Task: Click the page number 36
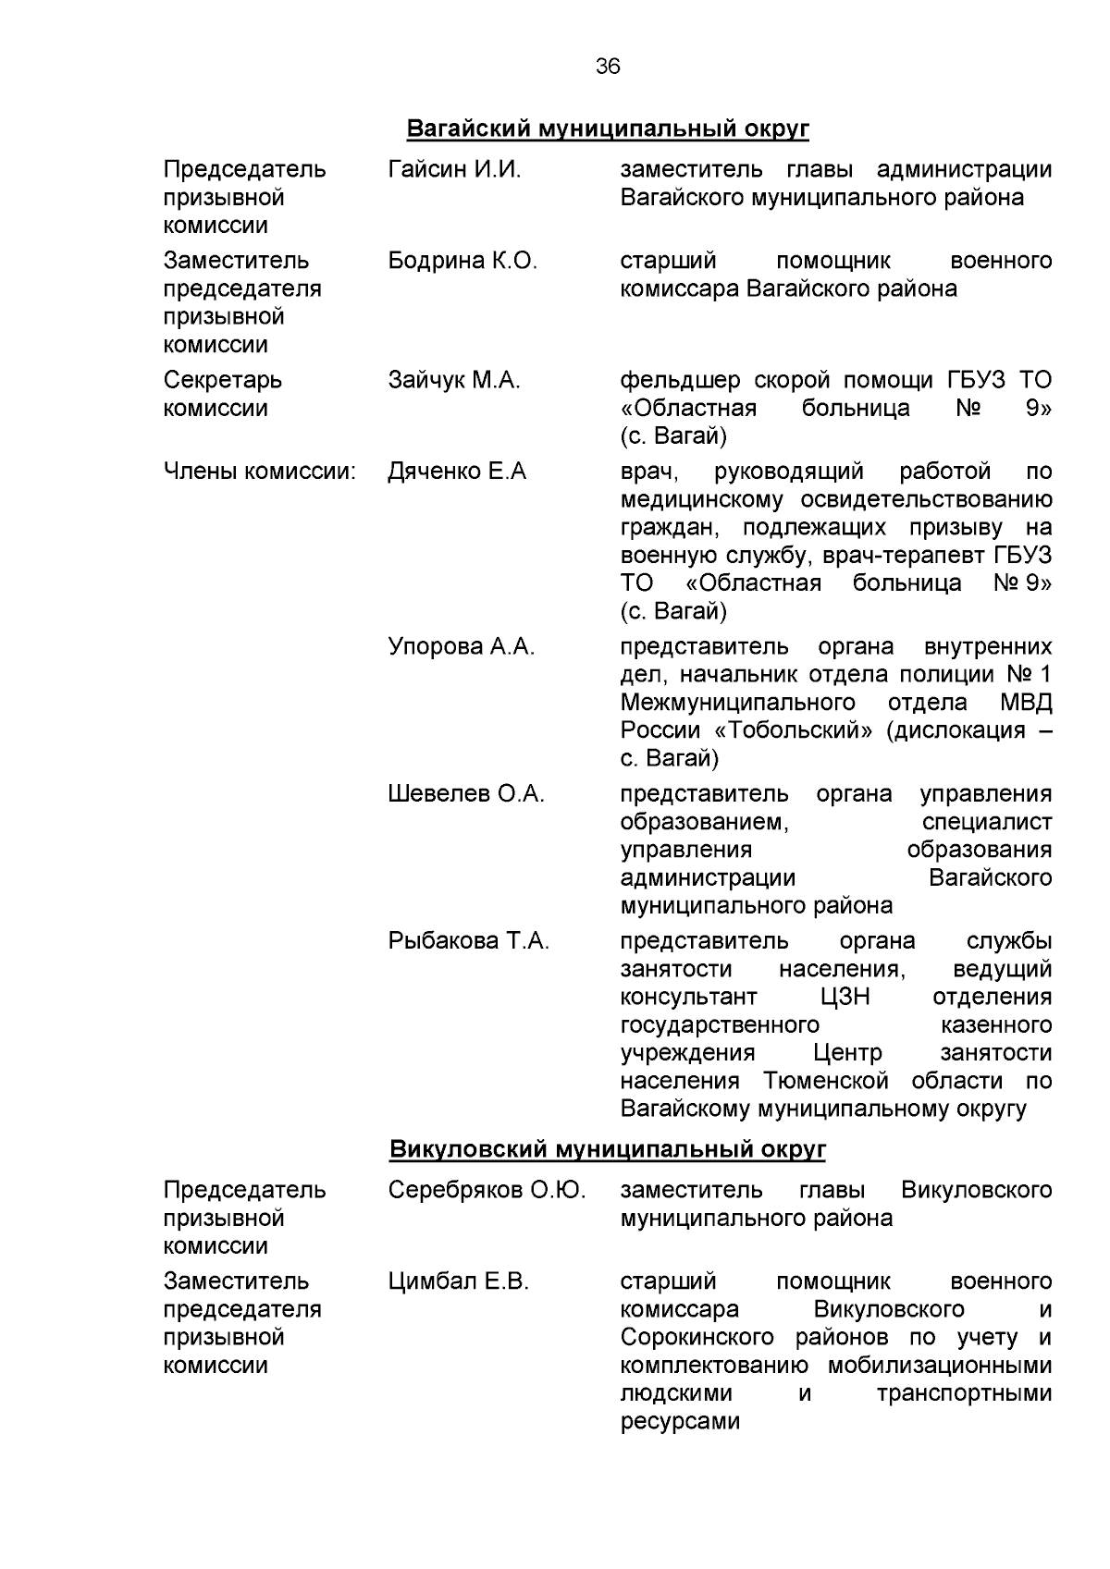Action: click(608, 67)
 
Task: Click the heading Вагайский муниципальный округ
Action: click(608, 129)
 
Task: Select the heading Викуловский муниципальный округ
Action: click(607, 1149)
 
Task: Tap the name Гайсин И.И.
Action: click(454, 170)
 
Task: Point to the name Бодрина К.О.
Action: click(462, 262)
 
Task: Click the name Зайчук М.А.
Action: click(454, 380)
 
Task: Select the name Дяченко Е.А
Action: click(457, 472)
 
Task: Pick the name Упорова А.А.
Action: click(462, 646)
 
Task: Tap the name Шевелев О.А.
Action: click(466, 794)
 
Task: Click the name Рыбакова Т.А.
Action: click(469, 941)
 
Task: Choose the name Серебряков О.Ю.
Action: click(487, 1190)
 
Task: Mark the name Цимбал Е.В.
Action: click(458, 1281)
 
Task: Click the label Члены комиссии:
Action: click(260, 472)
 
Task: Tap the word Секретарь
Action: click(223, 380)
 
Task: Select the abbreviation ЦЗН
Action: click(844, 998)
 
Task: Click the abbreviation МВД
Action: click(1026, 703)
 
